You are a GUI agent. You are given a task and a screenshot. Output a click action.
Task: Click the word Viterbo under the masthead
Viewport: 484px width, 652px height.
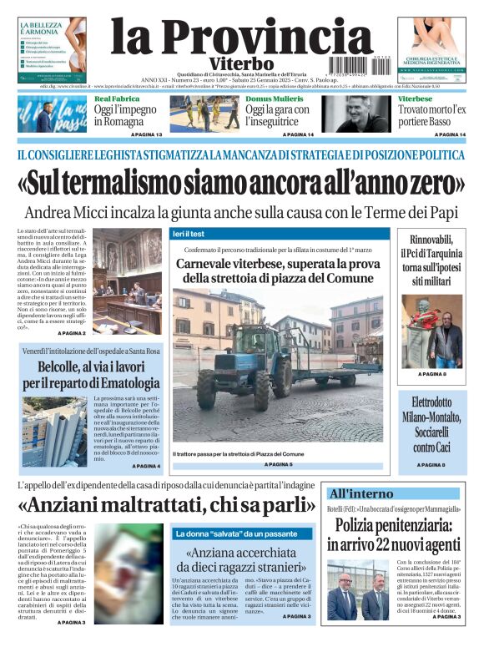(x=229, y=63)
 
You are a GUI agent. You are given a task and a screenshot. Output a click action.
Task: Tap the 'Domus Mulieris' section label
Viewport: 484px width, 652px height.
(x=275, y=99)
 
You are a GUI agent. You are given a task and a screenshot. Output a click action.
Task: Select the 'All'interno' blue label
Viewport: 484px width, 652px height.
(x=361, y=493)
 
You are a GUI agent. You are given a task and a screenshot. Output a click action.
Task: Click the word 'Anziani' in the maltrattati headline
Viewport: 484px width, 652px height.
(x=66, y=504)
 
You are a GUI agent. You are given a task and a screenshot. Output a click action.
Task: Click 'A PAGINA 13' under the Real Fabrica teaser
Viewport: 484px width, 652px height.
(x=146, y=134)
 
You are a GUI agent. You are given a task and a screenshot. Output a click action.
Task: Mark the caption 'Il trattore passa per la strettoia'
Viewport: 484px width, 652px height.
(x=233, y=453)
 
